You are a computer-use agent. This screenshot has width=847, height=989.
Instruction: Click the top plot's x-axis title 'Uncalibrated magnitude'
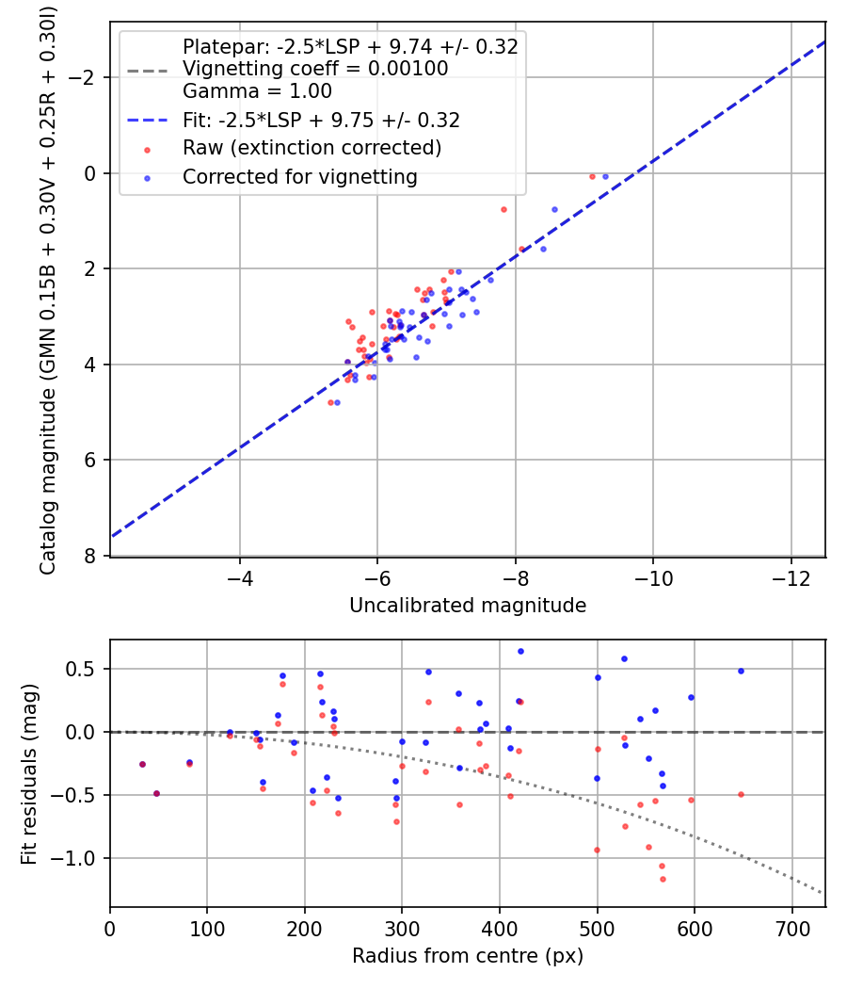click(x=468, y=606)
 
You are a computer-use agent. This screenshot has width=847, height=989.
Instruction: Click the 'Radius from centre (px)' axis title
click(x=468, y=956)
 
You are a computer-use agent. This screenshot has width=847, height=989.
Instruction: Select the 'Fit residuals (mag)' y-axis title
click(x=28, y=774)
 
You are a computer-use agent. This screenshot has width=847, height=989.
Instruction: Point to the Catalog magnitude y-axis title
click(x=48, y=290)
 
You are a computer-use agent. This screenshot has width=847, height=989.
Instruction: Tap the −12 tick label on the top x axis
click(x=791, y=578)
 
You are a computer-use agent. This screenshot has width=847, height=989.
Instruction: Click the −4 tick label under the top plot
click(x=239, y=578)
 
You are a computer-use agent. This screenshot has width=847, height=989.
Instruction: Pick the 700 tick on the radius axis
click(x=791, y=929)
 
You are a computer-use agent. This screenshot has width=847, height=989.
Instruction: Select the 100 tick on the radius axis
click(x=207, y=929)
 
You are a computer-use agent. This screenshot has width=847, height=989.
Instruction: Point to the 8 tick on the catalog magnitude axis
click(x=90, y=556)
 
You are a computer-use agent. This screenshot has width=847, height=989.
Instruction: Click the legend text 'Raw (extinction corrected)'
click(x=312, y=148)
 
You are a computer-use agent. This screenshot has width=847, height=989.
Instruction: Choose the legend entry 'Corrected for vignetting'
click(x=300, y=177)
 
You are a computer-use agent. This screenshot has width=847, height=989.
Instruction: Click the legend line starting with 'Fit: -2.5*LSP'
click(x=322, y=120)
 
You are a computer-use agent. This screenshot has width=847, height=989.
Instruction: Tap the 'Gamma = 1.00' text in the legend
click(x=257, y=91)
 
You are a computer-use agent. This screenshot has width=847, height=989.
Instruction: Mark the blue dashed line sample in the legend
click(x=148, y=120)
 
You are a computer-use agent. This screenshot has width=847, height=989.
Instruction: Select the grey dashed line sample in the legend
click(x=148, y=70)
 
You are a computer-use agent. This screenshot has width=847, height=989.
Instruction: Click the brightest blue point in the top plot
click(x=606, y=177)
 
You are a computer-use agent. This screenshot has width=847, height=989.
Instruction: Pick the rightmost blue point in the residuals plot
click(x=742, y=671)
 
